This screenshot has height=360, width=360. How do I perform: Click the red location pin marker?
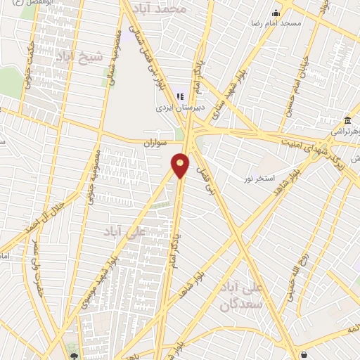coord(181,165)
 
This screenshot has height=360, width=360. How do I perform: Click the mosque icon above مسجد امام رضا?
coord(276,12)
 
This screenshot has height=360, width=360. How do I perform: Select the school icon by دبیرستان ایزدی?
coord(179,95)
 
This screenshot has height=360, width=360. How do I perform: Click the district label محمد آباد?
coord(182,9)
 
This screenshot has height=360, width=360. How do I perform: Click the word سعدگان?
coord(240,304)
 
